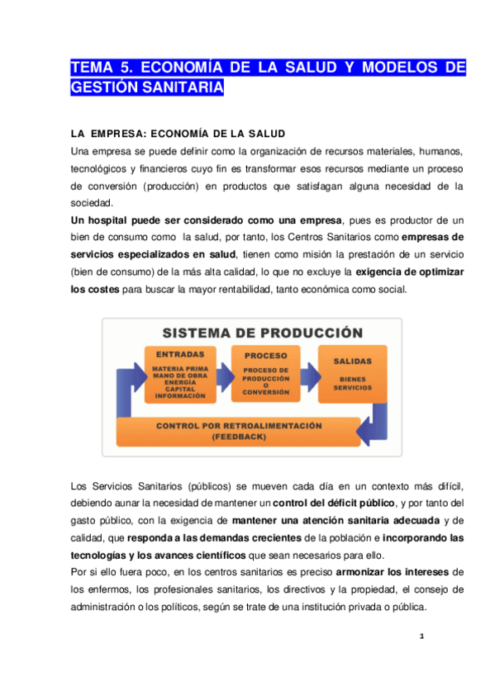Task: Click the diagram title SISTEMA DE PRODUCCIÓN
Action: [263, 333]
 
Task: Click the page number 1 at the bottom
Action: [421, 636]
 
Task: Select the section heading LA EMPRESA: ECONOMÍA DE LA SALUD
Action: [178, 134]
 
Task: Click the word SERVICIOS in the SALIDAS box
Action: [353, 387]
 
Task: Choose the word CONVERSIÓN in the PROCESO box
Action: [266, 392]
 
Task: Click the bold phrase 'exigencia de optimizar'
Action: [409, 272]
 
